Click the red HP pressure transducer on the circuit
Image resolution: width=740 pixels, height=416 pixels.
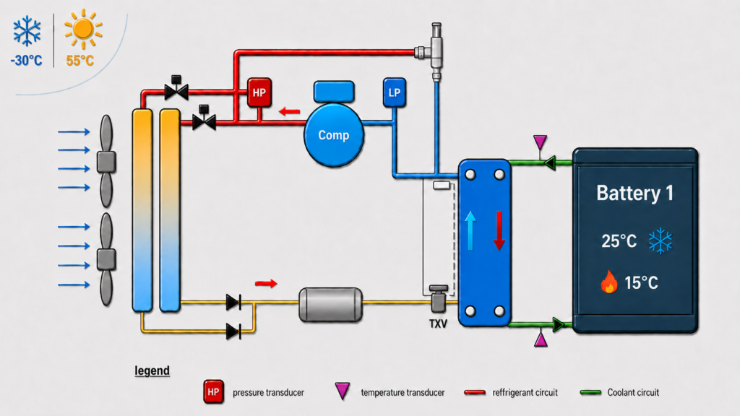tap(259, 92)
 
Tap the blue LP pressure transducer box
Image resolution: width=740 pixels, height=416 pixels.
tap(394, 92)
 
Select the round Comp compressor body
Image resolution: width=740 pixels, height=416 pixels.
tap(334, 135)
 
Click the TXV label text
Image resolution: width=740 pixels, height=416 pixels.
tap(438, 324)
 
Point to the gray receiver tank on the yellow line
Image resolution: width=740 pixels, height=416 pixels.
tap(331, 305)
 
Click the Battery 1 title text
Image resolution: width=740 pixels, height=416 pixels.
tap(634, 193)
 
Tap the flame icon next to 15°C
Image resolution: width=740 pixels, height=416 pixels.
tap(608, 282)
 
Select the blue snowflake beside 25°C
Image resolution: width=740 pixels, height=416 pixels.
tap(660, 241)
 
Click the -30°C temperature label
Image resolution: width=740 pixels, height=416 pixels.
tap(27, 61)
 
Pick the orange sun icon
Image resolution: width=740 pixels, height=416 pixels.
tap(84, 29)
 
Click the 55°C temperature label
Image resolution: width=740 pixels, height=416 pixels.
tap(79, 61)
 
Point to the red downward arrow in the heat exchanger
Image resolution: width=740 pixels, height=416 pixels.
tap(499, 230)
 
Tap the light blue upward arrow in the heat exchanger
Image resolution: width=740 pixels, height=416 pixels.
tap(470, 230)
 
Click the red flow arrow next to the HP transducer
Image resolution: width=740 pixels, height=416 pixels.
tap(289, 112)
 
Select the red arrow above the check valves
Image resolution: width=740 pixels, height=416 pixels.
tap(266, 283)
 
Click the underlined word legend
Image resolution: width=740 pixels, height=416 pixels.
tap(152, 370)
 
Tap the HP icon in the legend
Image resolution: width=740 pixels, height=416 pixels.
tap(213, 392)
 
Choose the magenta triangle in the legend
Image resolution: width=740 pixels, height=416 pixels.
tap(342, 391)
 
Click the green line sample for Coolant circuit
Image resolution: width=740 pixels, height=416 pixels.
tap(590, 392)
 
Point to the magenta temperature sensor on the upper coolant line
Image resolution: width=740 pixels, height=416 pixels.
tap(540, 142)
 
